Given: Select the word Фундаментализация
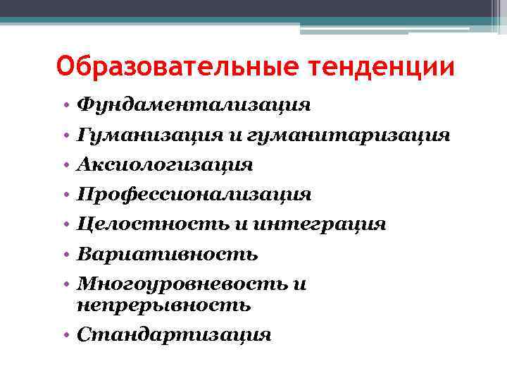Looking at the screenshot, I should tap(194, 105).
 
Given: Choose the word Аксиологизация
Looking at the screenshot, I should tap(165, 164).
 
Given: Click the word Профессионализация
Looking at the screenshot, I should tap(194, 194).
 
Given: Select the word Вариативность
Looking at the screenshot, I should tap(168, 253).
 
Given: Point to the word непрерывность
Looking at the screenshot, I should tap(163, 305).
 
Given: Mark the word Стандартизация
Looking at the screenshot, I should tap(174, 334).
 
